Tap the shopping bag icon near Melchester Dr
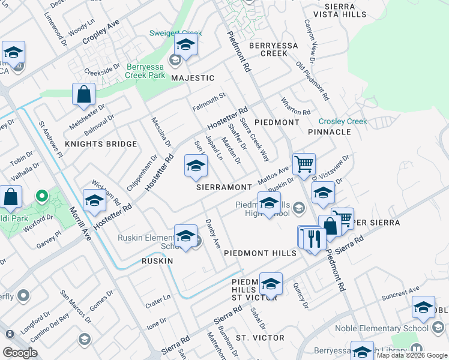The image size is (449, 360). click(84, 95)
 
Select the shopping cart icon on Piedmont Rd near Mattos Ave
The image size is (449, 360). click(304, 164)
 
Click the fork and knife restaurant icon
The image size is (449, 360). click(315, 238)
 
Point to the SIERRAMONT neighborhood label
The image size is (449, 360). click(224, 187)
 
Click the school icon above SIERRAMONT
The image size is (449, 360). click(195, 167)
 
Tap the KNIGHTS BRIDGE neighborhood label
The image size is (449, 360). click(92, 144)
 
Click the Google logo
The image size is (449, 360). click(20, 353)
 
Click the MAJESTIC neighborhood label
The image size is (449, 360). click(193, 78)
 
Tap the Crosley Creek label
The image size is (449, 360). click(342, 121)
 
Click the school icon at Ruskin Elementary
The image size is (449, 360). click(185, 236)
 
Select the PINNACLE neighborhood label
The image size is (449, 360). click(329, 131)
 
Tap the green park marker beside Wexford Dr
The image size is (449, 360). click(41, 196)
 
